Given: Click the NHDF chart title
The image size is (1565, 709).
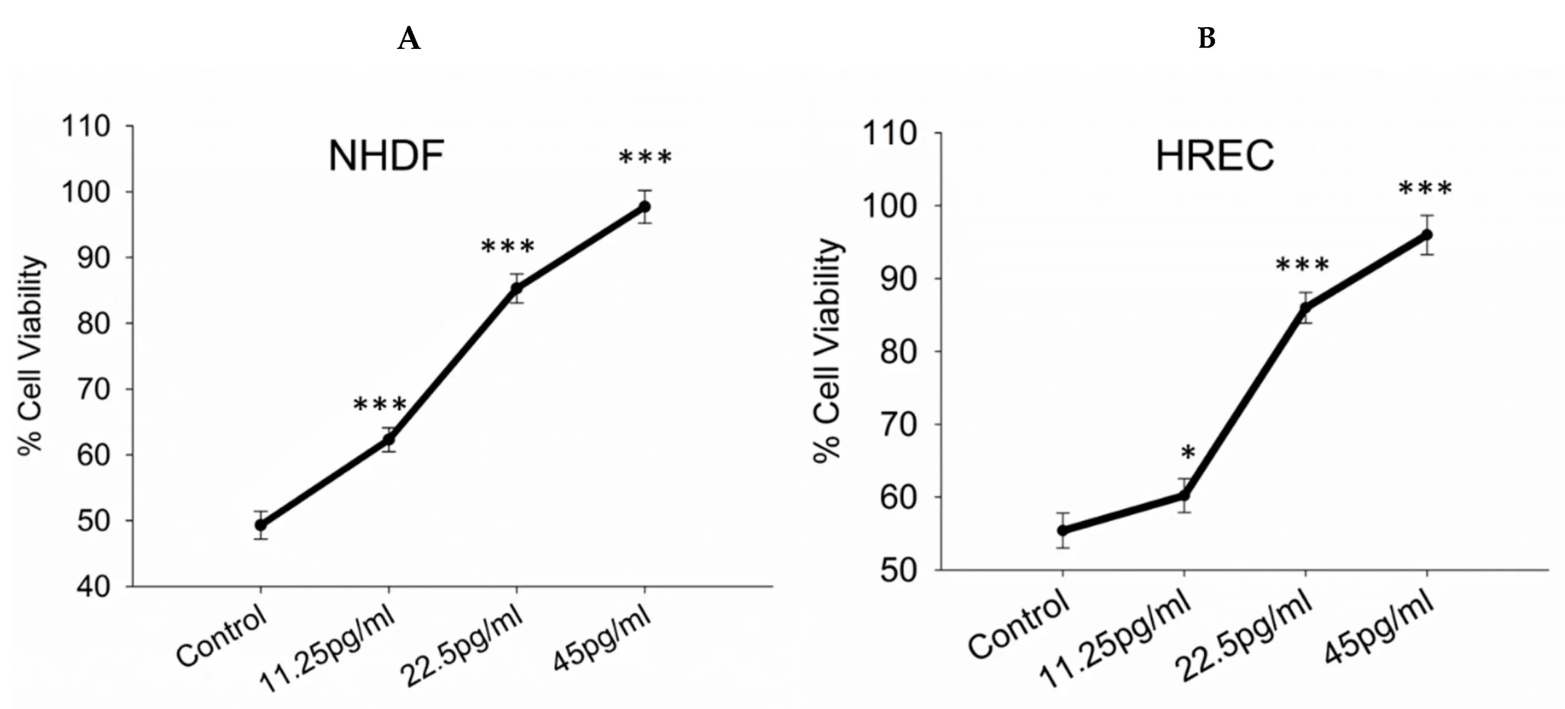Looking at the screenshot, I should point(386,156).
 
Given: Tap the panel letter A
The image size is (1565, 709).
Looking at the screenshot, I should point(409,39).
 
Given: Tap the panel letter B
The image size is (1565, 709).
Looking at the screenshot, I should point(1207,39).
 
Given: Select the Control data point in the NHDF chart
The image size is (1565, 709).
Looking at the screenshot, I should point(261,524).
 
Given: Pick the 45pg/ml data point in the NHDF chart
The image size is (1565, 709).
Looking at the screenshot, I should point(644,207).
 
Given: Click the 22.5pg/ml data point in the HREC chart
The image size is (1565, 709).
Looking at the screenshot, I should point(1306,308).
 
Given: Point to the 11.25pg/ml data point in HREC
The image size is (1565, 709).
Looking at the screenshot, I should point(1184,495).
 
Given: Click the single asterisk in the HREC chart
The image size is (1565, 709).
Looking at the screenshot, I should point(1188,453).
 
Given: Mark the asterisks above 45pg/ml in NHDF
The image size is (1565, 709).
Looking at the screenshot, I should point(645,158).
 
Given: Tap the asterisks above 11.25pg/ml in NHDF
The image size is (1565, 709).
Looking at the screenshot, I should point(380,404).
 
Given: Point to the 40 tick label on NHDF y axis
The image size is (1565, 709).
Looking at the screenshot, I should point(93,587).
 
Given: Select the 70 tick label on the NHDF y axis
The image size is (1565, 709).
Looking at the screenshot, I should point(93,389).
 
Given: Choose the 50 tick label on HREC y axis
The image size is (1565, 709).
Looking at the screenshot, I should point(898,570).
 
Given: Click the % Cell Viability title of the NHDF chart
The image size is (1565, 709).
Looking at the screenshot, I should point(31,355).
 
